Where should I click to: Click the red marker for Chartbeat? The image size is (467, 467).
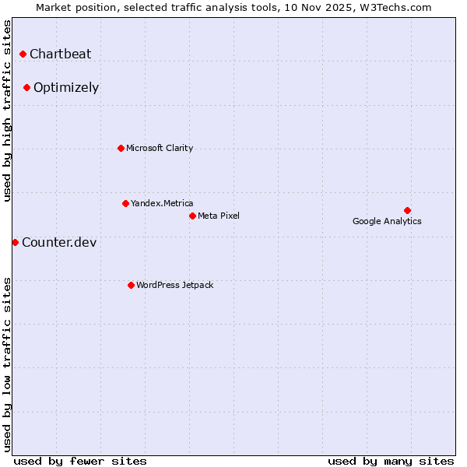pos(23,54)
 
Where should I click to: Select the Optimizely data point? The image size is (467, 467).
pos(26,87)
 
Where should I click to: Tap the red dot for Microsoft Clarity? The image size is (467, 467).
pos(121,148)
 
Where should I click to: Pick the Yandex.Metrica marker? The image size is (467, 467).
pos(125,203)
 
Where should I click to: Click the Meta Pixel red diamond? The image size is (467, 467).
pos(192,216)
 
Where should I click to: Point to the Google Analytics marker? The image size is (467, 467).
pos(407,210)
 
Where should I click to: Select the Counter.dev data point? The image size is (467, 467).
pos(15,242)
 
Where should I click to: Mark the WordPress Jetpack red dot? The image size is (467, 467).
pos(131,285)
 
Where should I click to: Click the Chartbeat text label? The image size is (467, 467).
pos(60,54)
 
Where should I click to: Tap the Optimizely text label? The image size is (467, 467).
pos(66,87)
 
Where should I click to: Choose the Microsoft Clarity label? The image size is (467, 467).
pos(160,148)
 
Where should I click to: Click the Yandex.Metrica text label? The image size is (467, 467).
pos(162,203)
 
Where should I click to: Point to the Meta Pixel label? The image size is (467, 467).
pos(219,216)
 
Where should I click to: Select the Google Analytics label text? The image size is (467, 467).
pos(387,221)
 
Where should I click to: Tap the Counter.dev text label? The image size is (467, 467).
pos(59,242)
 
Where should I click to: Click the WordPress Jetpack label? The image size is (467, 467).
pos(174,285)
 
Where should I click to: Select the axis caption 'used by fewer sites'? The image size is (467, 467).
pos(80,461)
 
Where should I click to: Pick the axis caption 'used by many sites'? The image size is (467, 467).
pos(391,461)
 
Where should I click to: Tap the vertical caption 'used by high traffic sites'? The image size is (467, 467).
pos(7,111)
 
